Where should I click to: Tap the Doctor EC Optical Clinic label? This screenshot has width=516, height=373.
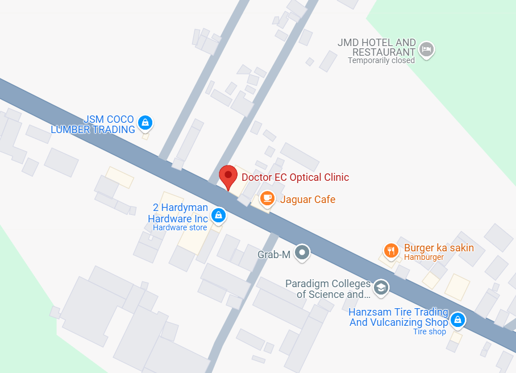(295, 177)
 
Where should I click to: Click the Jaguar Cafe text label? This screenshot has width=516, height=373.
(307, 200)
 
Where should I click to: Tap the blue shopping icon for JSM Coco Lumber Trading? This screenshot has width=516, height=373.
(145, 122)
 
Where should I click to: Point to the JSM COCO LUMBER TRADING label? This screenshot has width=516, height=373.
(93, 125)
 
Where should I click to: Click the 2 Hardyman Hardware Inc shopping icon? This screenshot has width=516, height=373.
(218, 215)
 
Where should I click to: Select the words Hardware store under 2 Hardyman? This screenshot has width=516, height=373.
(180, 228)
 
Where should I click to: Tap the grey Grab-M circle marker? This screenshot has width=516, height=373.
(303, 253)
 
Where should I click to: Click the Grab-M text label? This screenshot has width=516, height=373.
(274, 255)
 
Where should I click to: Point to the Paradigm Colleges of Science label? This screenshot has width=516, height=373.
(328, 289)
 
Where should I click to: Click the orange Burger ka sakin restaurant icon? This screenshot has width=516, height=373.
(390, 250)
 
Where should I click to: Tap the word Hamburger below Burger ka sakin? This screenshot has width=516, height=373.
(424, 258)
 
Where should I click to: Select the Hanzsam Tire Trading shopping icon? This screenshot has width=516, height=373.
(458, 321)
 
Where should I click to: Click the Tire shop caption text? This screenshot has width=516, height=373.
(430, 331)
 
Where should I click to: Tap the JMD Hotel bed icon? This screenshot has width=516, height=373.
(427, 50)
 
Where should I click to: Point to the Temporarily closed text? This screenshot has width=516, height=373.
(381, 60)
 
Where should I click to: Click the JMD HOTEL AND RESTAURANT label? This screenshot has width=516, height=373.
(377, 47)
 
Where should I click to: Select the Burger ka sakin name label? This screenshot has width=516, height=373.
(439, 248)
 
